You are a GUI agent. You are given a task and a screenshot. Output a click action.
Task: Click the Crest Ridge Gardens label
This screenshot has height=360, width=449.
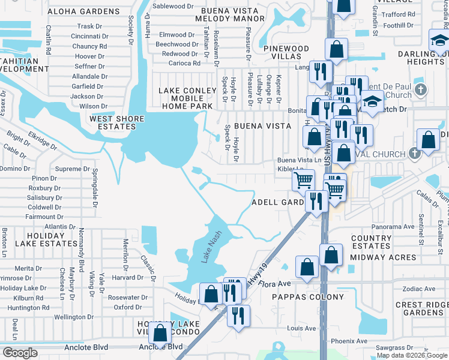(x=421, y=308)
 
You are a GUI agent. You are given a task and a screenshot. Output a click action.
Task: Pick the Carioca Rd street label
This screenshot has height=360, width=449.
(x=184, y=63)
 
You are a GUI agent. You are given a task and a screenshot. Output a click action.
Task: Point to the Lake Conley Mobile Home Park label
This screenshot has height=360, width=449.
(x=187, y=98)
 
